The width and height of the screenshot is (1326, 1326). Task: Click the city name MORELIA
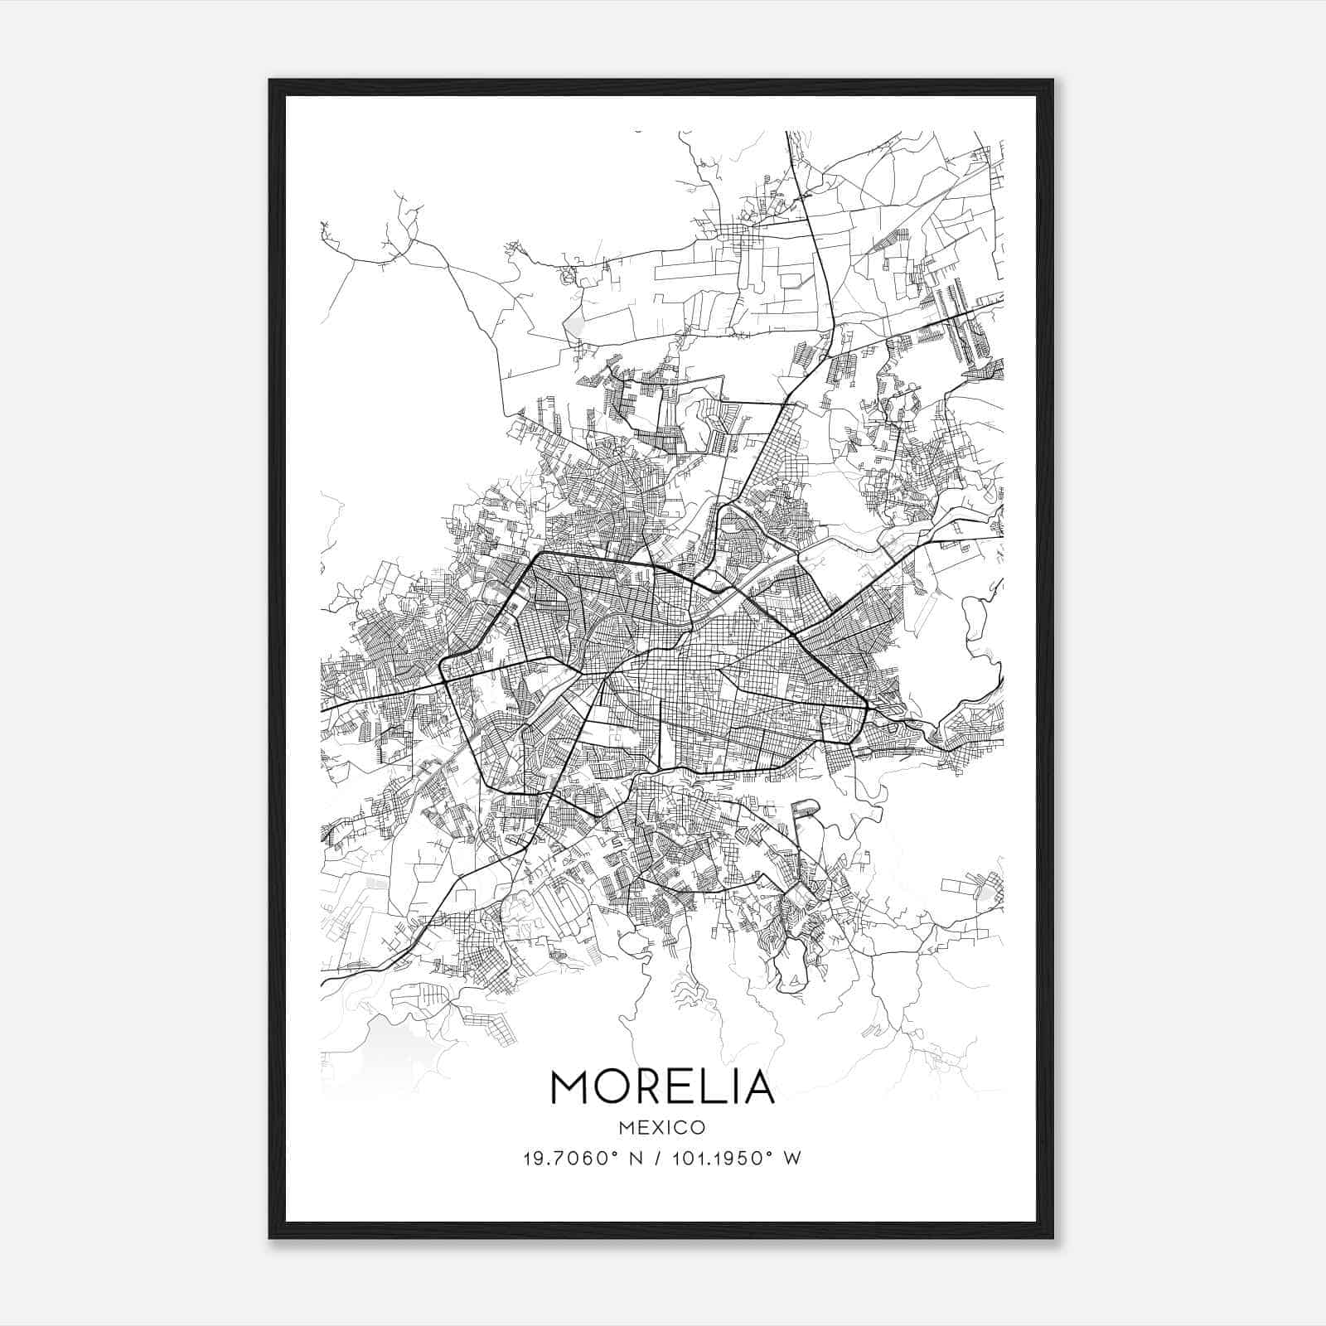(x=661, y=1086)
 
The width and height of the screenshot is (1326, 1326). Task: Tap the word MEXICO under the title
(x=661, y=1128)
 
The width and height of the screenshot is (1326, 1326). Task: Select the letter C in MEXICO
(x=680, y=1128)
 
